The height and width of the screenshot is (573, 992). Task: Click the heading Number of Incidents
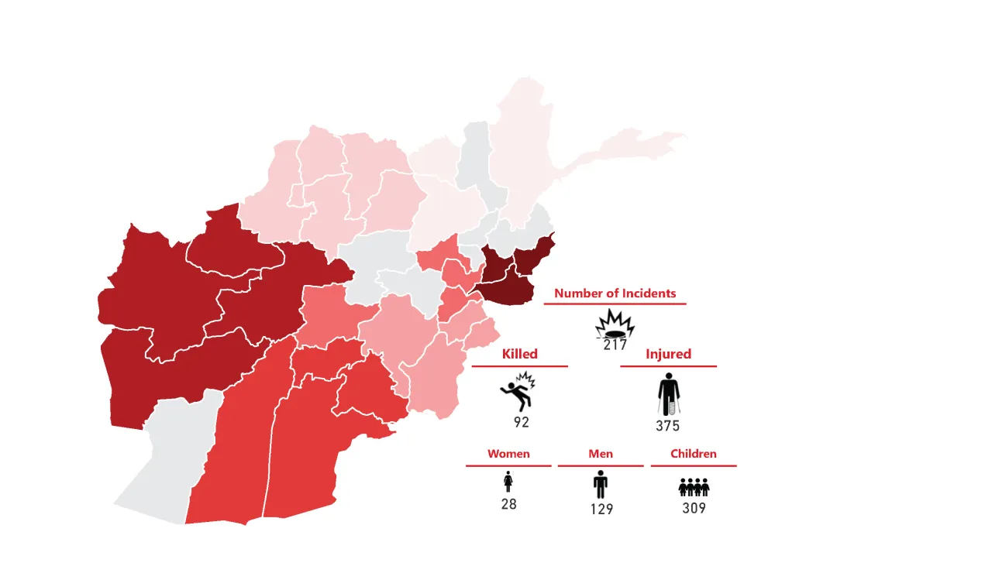(x=615, y=293)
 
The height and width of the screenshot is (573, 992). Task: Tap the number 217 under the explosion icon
(x=615, y=345)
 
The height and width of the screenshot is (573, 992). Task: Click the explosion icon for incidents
(x=615, y=324)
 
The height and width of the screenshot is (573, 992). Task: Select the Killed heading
(x=519, y=354)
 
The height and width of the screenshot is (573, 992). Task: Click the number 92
(x=522, y=423)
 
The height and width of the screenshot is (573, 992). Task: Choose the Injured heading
(x=668, y=354)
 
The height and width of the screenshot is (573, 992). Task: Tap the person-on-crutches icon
(x=668, y=395)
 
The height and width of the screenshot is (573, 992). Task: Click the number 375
(x=667, y=426)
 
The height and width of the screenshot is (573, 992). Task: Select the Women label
(x=508, y=454)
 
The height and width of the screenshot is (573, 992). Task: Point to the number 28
(x=508, y=504)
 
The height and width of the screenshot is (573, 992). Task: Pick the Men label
(x=601, y=454)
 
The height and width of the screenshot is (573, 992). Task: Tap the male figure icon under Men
(x=601, y=484)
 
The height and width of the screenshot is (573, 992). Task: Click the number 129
(x=601, y=509)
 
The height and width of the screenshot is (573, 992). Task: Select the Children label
(x=694, y=454)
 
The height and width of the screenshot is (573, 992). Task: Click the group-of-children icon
(x=694, y=487)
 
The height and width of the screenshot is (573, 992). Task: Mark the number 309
(x=694, y=509)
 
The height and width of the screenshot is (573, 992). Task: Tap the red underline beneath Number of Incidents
(x=615, y=304)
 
